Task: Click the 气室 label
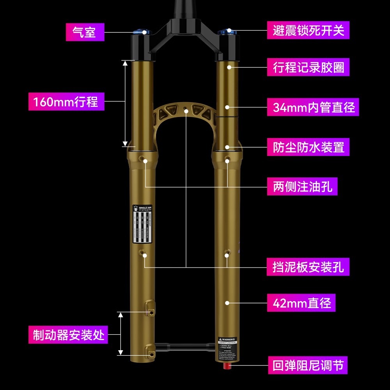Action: [85, 31]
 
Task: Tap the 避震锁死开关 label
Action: [308, 30]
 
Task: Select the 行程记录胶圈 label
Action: [308, 67]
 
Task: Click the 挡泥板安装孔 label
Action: [308, 267]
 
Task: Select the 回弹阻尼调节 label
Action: [308, 366]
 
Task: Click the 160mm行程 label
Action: [66, 102]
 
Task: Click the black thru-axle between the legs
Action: [185, 345]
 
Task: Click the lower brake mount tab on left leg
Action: [150, 350]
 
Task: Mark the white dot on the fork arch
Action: [186, 112]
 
